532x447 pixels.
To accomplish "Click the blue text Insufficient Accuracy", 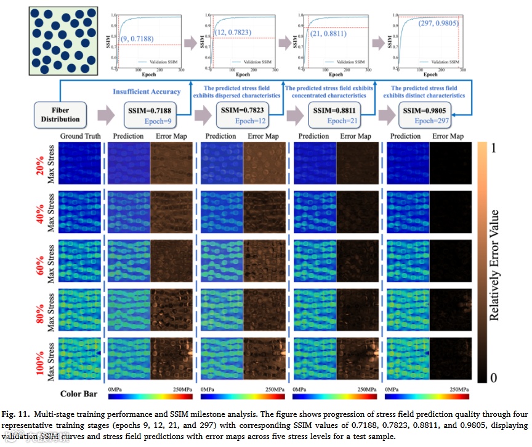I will click(146, 91).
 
